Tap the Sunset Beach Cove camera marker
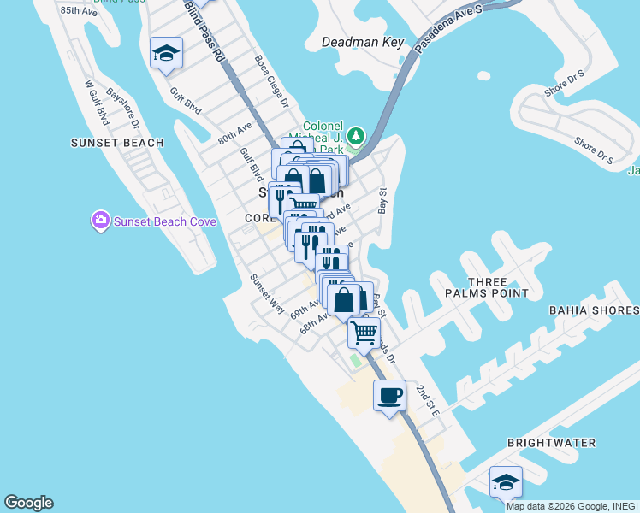pos(101,222)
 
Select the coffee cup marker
pos(389,396)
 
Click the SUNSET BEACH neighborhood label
pos(117,143)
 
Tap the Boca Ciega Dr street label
pos(273,82)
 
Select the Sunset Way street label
pos(266,293)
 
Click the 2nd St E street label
pos(427,401)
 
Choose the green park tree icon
pos(355,136)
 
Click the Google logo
pos(28,503)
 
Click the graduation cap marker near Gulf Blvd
pos(166,54)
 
